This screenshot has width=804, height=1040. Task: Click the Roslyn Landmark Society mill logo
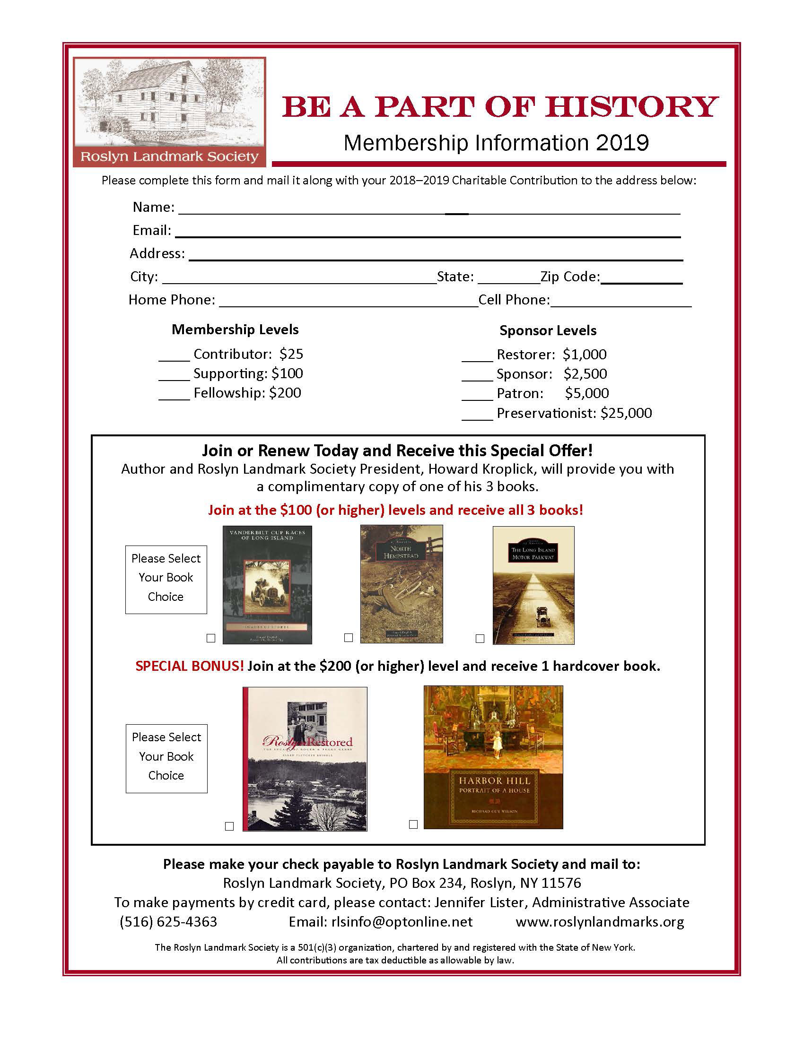[169, 112]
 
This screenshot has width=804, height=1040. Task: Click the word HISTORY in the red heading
[631, 107]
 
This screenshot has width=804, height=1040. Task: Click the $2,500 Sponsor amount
[585, 374]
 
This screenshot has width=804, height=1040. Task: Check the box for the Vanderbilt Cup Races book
[211, 638]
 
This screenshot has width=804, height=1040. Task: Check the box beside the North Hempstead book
[349, 637]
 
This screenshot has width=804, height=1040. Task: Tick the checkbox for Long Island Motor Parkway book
[480, 638]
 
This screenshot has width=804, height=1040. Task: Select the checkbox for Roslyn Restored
[229, 826]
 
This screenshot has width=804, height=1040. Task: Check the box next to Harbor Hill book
[413, 824]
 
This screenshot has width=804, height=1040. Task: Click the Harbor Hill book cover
[493, 757]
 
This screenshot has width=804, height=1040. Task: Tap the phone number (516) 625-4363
[168, 921]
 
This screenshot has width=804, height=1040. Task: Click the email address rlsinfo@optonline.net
[402, 921]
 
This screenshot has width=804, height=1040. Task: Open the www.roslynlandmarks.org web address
[600, 921]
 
